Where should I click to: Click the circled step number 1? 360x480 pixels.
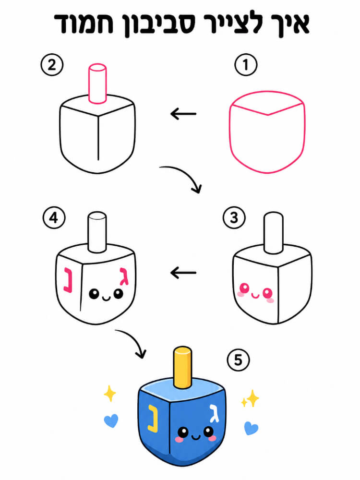(x=246, y=65)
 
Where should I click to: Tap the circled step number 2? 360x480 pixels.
(x=52, y=65)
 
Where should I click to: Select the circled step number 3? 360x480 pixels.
(x=234, y=217)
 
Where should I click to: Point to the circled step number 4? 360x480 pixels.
(x=54, y=217)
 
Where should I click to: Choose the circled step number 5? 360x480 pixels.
(x=238, y=360)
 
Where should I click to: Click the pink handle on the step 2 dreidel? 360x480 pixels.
(x=97, y=83)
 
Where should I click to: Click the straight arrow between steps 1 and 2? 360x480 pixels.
(x=183, y=114)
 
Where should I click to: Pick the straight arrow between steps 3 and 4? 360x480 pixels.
(x=183, y=273)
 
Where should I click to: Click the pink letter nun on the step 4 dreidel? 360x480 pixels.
(x=68, y=280)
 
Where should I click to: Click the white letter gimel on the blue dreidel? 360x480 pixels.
(x=214, y=413)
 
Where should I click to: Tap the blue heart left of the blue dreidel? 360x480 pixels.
(x=111, y=420)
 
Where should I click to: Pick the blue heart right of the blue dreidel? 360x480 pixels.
(x=251, y=428)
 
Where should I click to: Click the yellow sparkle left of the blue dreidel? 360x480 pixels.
(x=109, y=394)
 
